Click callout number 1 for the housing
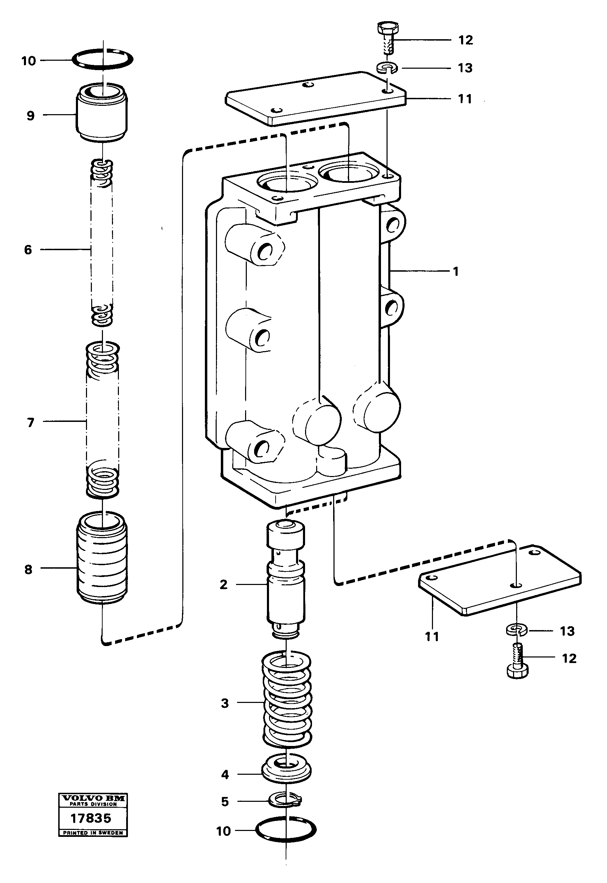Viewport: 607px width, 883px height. point(456,271)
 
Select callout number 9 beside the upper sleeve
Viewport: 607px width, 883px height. point(31,115)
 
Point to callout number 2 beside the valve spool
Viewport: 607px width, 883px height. point(224,584)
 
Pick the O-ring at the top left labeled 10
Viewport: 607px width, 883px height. point(103,59)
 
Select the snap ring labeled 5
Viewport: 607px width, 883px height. point(285,800)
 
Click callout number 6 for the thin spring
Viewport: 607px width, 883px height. point(28,250)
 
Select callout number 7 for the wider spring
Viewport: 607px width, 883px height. point(31,422)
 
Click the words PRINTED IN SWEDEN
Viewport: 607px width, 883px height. point(93,832)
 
